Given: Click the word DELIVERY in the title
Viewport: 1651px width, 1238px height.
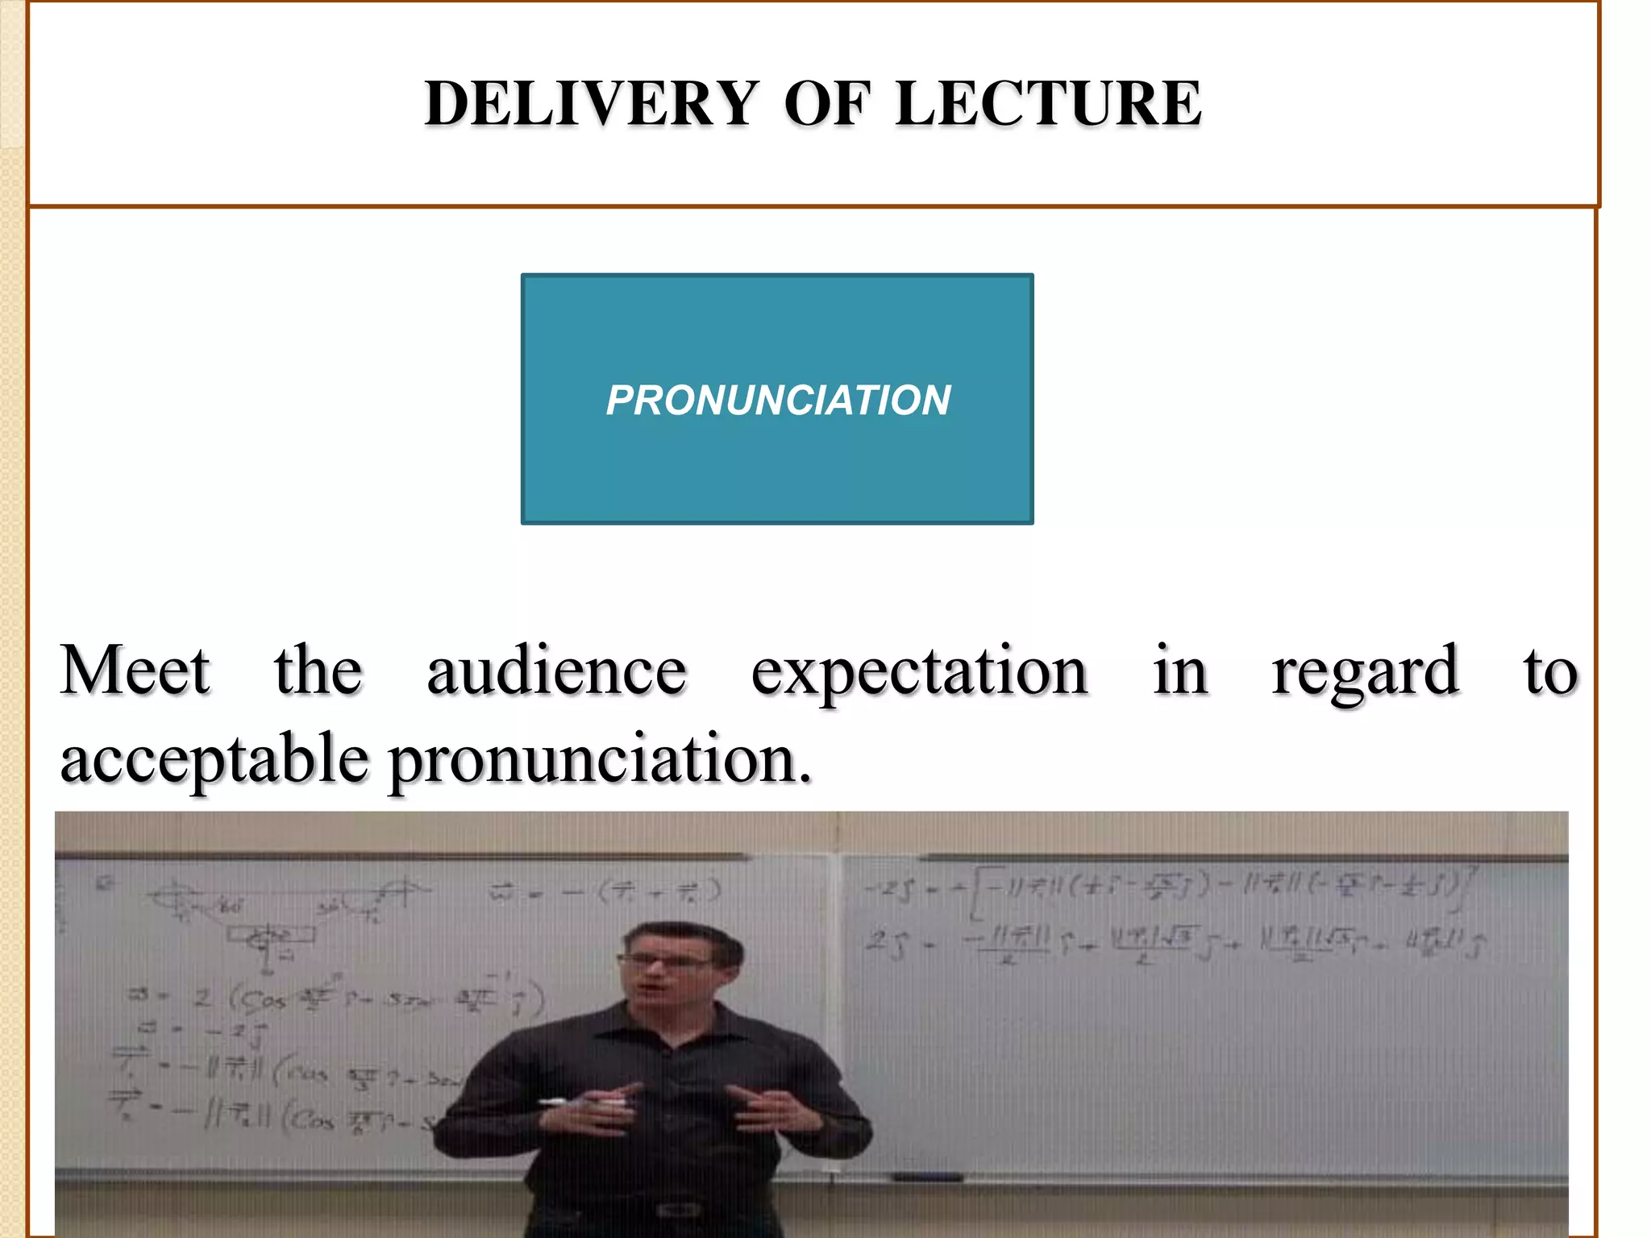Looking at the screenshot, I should pos(591,104).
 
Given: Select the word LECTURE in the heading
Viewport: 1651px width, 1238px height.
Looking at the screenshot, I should pos(1048,104).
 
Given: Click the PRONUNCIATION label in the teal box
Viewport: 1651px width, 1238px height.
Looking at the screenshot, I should pos(778,400).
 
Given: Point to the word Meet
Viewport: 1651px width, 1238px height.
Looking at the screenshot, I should pos(135,671).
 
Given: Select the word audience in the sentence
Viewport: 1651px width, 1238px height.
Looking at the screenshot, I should pos(556,671).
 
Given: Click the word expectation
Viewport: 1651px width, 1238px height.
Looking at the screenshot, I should pos(919,672).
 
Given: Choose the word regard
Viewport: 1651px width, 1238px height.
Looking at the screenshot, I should pos(1365,672).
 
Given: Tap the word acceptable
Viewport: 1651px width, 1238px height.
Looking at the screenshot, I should pos(214,759).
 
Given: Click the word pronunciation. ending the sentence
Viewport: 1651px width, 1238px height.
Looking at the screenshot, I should pos(601,759).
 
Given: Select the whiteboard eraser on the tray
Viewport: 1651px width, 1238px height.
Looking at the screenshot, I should pos(927,1178).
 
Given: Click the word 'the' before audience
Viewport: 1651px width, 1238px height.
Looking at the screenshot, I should pos(318,671).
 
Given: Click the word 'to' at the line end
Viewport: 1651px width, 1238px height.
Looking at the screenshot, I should pos(1549,671).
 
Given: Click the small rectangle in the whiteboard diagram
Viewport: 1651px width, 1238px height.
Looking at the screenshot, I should pos(270,935).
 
